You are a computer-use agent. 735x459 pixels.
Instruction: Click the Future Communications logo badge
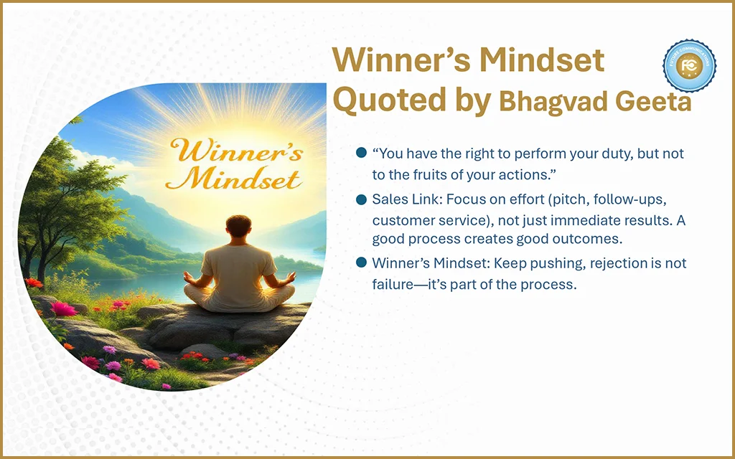click(x=689, y=66)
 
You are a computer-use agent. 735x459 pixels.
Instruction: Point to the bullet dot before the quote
click(x=361, y=153)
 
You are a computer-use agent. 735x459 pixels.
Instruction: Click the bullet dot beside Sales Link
click(x=361, y=199)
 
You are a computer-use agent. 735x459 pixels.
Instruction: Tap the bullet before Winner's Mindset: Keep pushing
click(x=361, y=262)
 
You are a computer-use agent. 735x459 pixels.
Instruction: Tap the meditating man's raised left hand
click(x=291, y=278)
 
